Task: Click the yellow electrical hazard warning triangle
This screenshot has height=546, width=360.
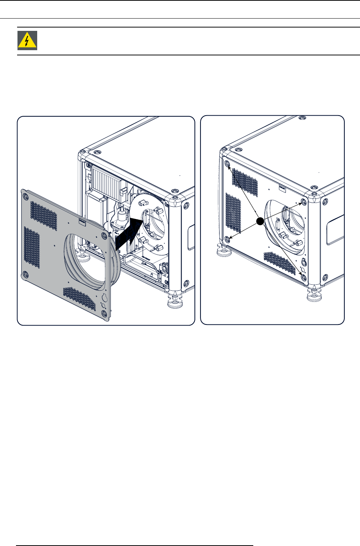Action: click(27, 41)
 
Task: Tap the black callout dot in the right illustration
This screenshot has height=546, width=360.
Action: click(260, 222)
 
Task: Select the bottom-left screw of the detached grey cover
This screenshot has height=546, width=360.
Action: click(25, 274)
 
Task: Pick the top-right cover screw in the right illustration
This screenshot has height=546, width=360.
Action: click(304, 202)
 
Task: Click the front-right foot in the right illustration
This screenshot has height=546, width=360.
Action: click(314, 294)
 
